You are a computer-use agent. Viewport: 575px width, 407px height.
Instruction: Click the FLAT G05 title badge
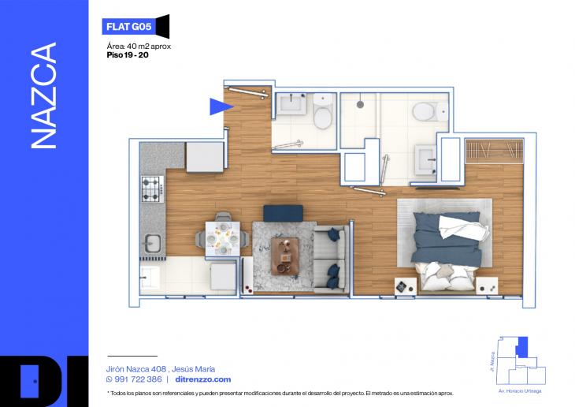click(x=128, y=27)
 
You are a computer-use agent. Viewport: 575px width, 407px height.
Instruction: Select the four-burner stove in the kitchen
click(x=153, y=189)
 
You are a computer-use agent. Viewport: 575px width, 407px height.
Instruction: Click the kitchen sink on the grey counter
click(x=153, y=244)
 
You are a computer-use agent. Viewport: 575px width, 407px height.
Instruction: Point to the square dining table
click(x=223, y=239)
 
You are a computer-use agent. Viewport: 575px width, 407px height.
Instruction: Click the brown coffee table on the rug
click(x=285, y=256)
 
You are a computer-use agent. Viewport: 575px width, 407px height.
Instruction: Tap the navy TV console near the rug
click(x=283, y=214)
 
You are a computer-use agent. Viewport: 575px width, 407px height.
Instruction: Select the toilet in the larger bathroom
click(x=429, y=111)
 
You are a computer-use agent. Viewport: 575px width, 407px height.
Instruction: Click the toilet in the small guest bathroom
click(x=323, y=111)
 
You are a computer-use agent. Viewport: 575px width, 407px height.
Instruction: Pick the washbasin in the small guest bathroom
click(x=291, y=104)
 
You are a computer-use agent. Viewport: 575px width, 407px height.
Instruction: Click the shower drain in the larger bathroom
click(x=360, y=105)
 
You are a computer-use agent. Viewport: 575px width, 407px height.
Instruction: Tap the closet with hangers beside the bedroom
click(x=495, y=151)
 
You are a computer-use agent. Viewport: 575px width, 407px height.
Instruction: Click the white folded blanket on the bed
click(x=464, y=228)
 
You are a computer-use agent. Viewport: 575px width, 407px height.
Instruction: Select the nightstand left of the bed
click(x=406, y=286)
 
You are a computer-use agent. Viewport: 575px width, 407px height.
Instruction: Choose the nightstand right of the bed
click(x=487, y=286)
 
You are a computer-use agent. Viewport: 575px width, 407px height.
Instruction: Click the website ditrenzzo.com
click(x=203, y=379)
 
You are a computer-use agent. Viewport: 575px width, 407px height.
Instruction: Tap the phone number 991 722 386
click(x=138, y=379)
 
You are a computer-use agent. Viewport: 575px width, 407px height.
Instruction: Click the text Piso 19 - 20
click(x=128, y=55)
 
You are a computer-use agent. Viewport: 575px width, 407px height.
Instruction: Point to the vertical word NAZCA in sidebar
click(x=43, y=95)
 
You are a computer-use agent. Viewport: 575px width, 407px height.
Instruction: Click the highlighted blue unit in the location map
click(x=522, y=347)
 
